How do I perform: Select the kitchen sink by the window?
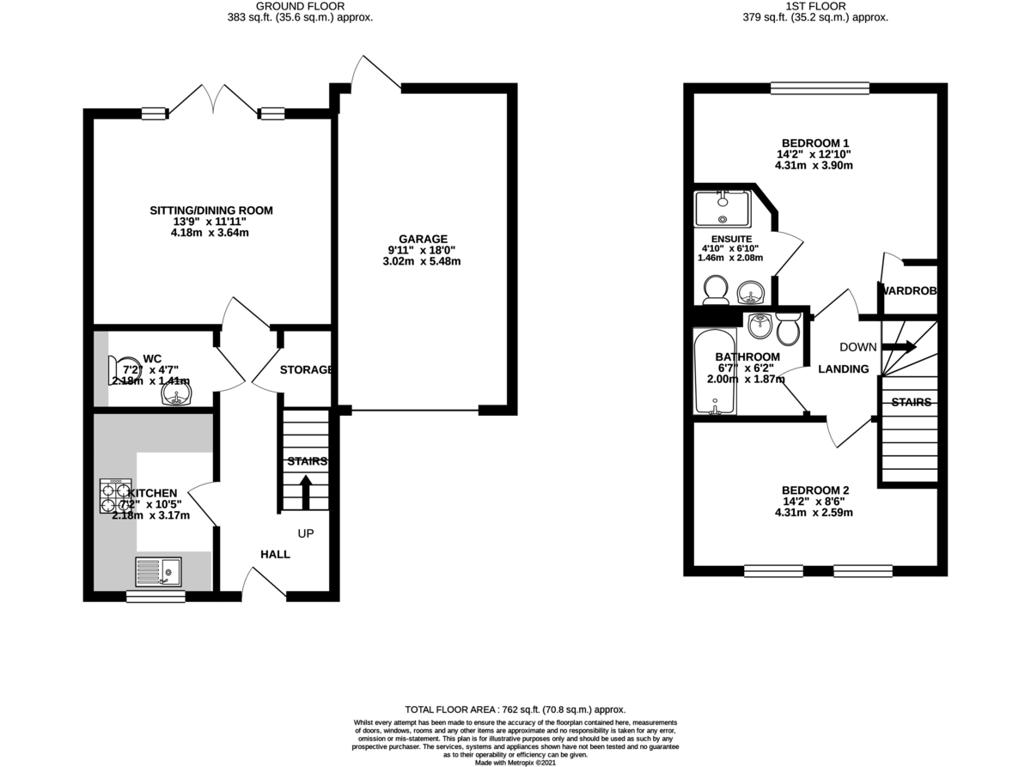pyautogui.click(x=158, y=570)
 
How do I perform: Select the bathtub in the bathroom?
pyautogui.click(x=714, y=371)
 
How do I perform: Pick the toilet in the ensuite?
pyautogui.click(x=714, y=290)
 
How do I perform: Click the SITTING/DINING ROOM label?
pyautogui.click(x=211, y=210)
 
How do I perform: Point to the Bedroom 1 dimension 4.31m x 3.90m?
pyautogui.click(x=814, y=166)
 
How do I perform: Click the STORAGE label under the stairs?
pyautogui.click(x=306, y=369)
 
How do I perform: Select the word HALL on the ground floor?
pyautogui.click(x=275, y=554)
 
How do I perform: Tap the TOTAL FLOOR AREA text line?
pyautogui.click(x=515, y=710)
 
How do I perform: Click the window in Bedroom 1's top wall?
pyautogui.click(x=820, y=88)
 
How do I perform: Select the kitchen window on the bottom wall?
pyautogui.click(x=156, y=596)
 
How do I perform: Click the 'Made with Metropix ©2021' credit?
pyautogui.click(x=515, y=762)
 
